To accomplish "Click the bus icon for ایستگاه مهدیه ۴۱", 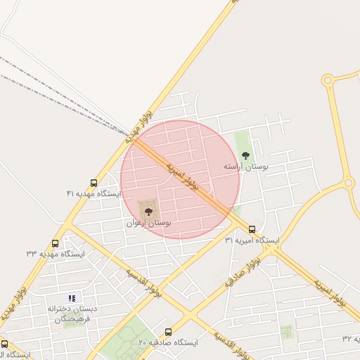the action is point(94,184).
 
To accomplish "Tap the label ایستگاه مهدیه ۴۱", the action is point(94,193).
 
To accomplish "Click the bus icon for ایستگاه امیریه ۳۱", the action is point(252,229).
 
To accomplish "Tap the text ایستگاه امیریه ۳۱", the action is point(252,240).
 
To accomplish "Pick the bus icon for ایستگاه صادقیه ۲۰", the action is point(168,332).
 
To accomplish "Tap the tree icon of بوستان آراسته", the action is point(245,155).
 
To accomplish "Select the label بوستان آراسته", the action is point(246,167).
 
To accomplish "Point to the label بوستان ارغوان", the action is point(149,222).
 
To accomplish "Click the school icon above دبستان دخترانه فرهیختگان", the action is point(72,298).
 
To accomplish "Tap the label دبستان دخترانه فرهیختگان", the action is point(71,314).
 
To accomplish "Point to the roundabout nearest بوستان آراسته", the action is point(349,184).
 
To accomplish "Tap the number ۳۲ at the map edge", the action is point(347,338).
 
